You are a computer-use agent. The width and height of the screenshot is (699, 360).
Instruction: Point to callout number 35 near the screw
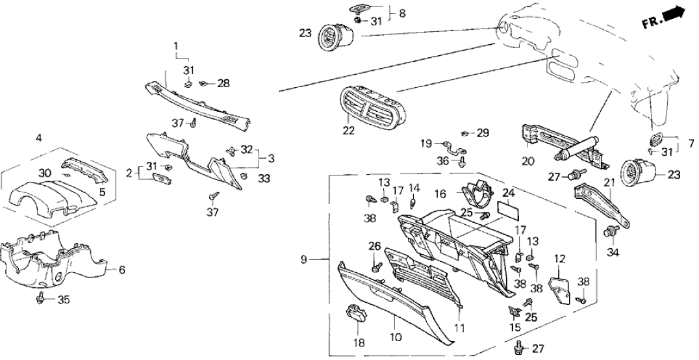point(64,300)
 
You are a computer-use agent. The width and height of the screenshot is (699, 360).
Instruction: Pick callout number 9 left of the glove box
point(304,261)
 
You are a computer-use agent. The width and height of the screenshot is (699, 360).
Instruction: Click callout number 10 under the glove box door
point(396,338)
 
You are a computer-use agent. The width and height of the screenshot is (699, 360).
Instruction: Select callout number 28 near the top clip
point(223,83)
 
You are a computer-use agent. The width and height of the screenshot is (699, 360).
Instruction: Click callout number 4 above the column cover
point(39,138)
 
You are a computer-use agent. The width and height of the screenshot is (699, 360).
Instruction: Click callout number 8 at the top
point(401,12)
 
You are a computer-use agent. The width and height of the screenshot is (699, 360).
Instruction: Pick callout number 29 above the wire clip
point(482,133)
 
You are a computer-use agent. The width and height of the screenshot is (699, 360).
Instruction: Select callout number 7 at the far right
point(691,140)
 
